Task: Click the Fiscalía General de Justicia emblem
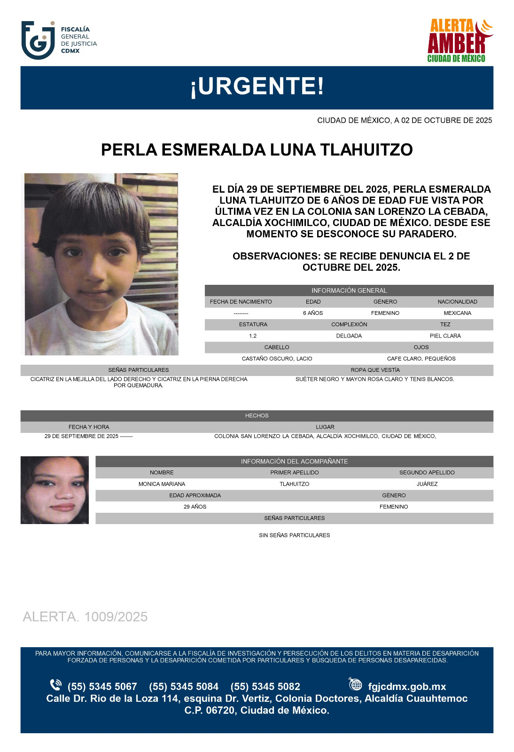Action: (x=38, y=40)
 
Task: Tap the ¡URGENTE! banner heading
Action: (x=257, y=86)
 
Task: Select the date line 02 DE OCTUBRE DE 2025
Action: (x=405, y=120)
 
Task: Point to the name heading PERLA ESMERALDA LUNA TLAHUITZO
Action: (x=257, y=150)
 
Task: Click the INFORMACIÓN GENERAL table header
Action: (x=349, y=290)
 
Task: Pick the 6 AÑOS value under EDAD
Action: (x=313, y=313)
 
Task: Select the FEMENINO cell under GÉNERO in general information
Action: (x=385, y=313)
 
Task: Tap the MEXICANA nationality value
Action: (x=457, y=313)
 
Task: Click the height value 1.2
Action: (x=253, y=336)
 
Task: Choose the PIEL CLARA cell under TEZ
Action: (x=445, y=336)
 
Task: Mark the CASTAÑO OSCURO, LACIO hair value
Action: (x=277, y=359)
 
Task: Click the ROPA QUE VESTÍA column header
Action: (x=375, y=370)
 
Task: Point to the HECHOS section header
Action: (x=257, y=415)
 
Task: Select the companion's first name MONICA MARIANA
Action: (x=162, y=484)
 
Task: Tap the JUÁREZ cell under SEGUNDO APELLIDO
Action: (x=427, y=484)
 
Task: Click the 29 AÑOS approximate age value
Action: (x=195, y=507)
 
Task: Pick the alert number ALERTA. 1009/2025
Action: (x=85, y=617)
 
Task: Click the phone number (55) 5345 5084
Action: (x=184, y=687)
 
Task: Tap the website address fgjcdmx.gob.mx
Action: (x=407, y=687)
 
